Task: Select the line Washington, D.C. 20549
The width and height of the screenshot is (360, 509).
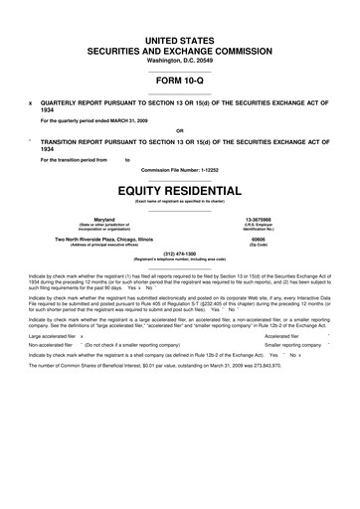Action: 179,60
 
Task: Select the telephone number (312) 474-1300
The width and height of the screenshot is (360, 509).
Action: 179,254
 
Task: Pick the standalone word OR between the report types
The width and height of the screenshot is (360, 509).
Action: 179,130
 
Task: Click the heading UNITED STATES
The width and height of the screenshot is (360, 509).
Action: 179,37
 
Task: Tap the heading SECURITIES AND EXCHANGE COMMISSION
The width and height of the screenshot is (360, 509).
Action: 179,48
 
